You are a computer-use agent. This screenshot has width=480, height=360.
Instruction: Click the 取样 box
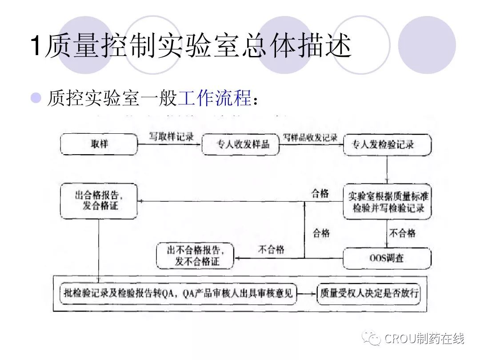point(99,144)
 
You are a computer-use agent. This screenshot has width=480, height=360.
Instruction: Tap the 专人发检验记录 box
point(387,144)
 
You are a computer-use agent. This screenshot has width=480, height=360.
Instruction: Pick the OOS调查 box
point(387,258)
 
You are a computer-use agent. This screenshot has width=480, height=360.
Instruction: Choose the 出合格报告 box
point(99,201)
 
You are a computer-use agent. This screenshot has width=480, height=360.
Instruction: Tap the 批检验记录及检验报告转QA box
point(178,294)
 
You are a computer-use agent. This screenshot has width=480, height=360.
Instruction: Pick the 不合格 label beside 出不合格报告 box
point(271,249)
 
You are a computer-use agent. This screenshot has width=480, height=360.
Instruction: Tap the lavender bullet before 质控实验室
point(35,97)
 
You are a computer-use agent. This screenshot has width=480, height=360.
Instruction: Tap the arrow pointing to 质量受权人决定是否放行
point(307,294)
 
